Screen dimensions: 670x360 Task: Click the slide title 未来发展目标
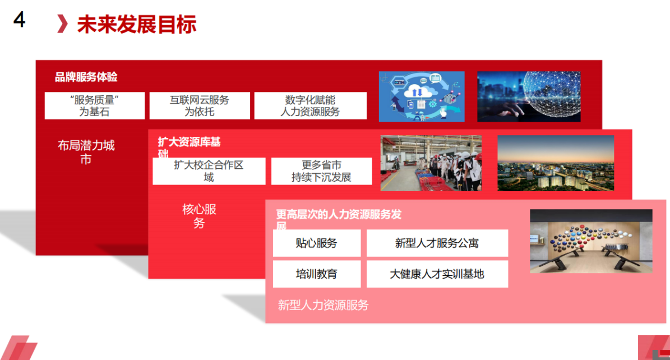(x=137, y=24)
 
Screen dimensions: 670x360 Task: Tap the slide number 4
(x=19, y=20)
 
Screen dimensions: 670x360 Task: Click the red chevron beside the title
(x=62, y=24)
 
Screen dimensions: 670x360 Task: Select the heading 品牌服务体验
(x=86, y=77)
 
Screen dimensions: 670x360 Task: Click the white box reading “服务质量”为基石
(x=94, y=105)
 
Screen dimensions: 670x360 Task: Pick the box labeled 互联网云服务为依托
(x=200, y=105)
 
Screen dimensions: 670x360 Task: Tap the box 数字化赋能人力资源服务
(x=310, y=105)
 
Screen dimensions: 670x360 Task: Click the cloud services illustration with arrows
(x=421, y=96)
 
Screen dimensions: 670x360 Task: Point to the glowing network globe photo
(x=529, y=96)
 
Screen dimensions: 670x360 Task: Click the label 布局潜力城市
(x=86, y=152)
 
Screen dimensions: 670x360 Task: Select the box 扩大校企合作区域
(x=209, y=171)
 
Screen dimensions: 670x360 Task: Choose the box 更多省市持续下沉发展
(x=321, y=171)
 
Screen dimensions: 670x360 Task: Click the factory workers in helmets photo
(x=431, y=163)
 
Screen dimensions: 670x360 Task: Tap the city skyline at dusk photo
(x=556, y=163)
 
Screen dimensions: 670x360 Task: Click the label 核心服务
(x=199, y=216)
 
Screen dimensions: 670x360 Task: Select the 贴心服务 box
(x=317, y=243)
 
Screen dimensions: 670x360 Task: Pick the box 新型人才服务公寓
(x=437, y=243)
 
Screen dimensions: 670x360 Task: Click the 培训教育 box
(x=317, y=274)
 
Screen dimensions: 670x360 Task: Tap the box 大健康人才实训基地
(x=437, y=274)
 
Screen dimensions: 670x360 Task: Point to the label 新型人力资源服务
(x=323, y=305)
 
